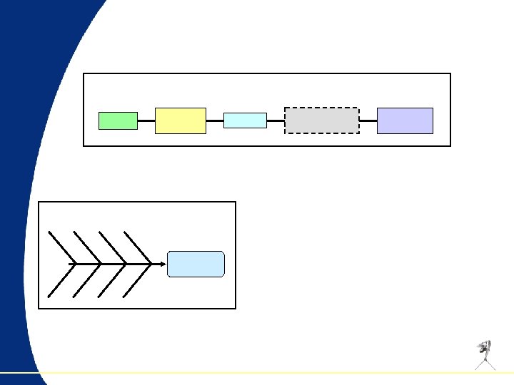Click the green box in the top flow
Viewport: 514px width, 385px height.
point(118,120)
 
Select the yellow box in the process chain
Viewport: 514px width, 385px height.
point(181,120)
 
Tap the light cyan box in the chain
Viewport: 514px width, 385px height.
point(245,120)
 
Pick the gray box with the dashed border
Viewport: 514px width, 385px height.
point(322,120)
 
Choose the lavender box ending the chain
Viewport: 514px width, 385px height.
point(405,120)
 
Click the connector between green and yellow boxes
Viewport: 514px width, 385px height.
point(146,121)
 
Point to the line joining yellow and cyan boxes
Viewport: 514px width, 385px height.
point(215,121)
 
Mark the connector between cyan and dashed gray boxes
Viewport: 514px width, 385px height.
point(276,121)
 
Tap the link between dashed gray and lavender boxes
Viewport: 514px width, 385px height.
point(368,121)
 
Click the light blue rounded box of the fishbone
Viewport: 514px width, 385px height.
point(196,264)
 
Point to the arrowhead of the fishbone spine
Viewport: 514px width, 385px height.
point(163,264)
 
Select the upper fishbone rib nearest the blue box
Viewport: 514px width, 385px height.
point(137,247)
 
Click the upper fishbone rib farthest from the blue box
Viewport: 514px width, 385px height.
point(61,247)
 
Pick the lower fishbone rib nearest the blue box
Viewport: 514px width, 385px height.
point(137,280)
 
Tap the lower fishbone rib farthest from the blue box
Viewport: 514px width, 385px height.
point(61,280)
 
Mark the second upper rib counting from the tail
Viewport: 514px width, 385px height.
point(86,247)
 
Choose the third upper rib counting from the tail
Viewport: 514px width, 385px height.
point(112,247)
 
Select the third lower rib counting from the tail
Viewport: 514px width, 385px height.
point(112,280)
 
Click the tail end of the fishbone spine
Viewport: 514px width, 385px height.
point(70,264)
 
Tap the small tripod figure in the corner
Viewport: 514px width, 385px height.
point(485,354)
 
